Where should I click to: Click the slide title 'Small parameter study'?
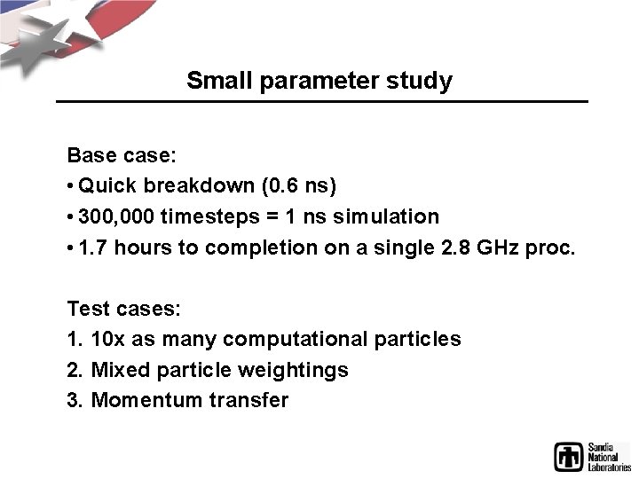tap(319, 81)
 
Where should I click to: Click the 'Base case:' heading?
tap(122, 156)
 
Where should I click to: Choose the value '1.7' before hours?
tap(92, 247)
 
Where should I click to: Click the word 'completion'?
tap(253, 247)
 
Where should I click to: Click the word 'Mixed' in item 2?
tap(120, 370)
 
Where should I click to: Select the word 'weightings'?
tap(299, 370)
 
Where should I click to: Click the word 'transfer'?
tap(248, 400)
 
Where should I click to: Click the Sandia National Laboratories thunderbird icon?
tap(569, 456)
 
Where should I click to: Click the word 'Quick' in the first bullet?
tap(106, 186)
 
